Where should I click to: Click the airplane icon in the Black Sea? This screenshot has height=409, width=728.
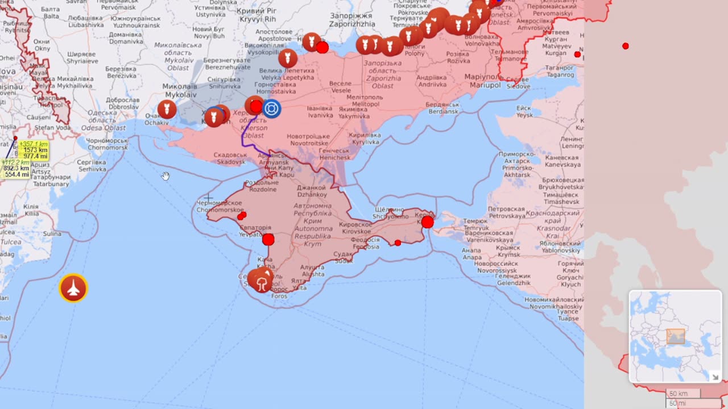(73, 289)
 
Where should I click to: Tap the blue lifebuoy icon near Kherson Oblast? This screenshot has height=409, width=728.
(271, 108)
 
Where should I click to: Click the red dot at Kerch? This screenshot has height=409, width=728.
(427, 222)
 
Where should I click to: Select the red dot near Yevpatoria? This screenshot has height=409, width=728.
(268, 240)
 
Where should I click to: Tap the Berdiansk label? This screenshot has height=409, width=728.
(443, 108)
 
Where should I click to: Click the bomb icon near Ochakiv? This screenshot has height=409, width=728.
(167, 109)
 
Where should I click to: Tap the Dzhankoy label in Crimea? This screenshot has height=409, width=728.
(311, 191)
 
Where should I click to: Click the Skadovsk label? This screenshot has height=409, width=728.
(231, 158)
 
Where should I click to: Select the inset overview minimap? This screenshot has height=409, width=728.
(675, 336)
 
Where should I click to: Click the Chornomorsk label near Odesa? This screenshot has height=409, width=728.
(107, 144)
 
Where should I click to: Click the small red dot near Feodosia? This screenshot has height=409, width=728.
(398, 243)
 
